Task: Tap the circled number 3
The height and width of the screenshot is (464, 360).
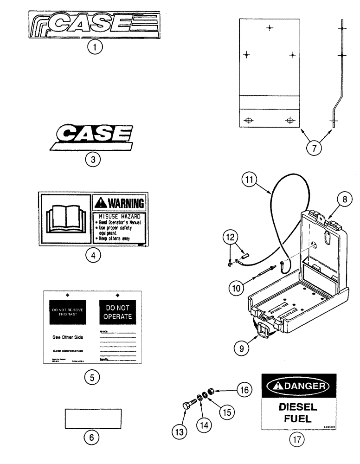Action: (x=93, y=159)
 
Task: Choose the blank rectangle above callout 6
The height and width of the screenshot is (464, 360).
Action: (x=91, y=419)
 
